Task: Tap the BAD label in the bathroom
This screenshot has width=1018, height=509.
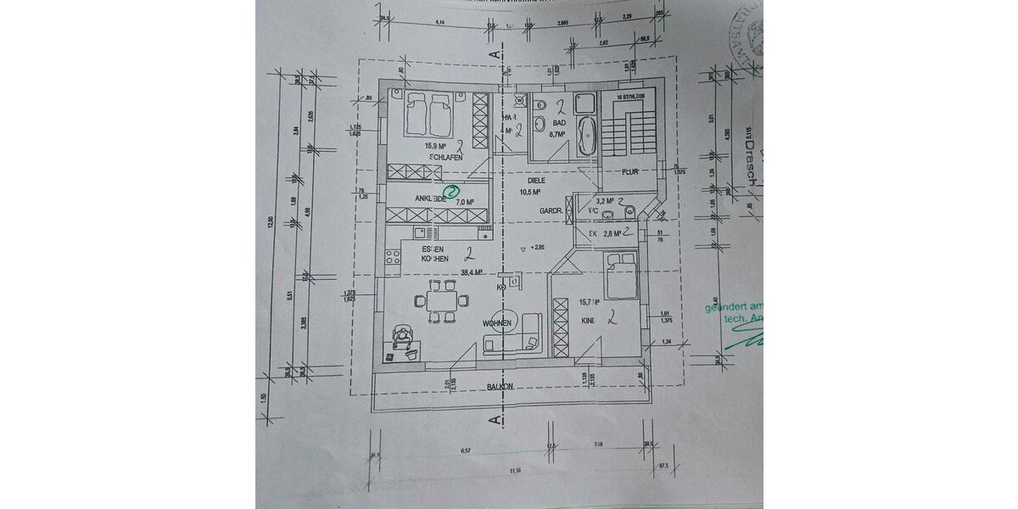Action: click(x=558, y=123)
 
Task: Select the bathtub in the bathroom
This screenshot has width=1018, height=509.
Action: click(x=588, y=136)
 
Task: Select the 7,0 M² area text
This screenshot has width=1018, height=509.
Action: click(x=464, y=202)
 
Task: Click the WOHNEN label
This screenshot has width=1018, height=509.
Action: click(x=496, y=323)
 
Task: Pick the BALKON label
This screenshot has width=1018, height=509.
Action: click(x=501, y=386)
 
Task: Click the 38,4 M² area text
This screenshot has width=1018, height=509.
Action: click(x=472, y=272)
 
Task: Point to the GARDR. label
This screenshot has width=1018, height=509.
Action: click(x=552, y=210)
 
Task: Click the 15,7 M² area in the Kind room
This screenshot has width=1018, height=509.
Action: click(x=590, y=302)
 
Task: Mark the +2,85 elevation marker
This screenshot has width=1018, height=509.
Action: click(x=534, y=249)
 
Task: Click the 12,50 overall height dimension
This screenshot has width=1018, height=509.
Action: click(x=271, y=222)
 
